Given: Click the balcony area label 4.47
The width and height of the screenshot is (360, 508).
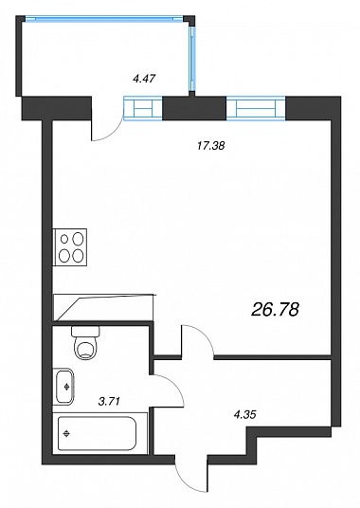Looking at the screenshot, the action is (x=144, y=79).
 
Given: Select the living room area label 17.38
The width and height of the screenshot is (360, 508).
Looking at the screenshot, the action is (x=210, y=146).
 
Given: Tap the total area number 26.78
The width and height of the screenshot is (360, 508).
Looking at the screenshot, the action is (x=275, y=310).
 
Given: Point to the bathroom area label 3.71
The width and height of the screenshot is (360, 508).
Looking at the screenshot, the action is (x=109, y=402).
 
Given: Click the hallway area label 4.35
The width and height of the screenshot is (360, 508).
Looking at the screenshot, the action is (x=244, y=414).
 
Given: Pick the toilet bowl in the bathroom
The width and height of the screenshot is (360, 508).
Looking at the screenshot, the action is (x=85, y=347).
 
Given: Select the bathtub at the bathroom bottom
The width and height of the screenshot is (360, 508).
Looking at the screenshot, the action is (x=98, y=433).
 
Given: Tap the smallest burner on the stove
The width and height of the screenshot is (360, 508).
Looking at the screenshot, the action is (x=64, y=240).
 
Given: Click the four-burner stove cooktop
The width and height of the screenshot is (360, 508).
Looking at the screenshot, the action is (x=70, y=247).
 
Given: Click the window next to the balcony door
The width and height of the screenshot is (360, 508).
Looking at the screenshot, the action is (x=143, y=108).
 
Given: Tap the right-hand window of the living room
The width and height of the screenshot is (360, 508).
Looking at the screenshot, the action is (x=256, y=109).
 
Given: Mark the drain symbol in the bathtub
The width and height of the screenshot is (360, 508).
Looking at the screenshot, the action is (x=67, y=433).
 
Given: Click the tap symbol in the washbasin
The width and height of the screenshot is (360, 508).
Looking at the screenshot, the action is (x=67, y=387).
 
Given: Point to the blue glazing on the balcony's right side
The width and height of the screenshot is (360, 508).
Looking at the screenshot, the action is (x=192, y=59).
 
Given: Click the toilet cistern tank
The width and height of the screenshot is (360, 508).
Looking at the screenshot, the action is (x=85, y=331).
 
